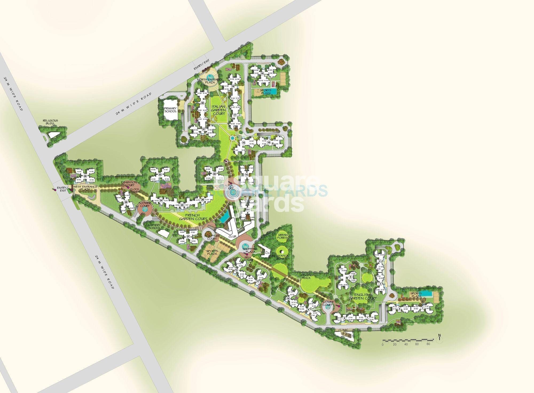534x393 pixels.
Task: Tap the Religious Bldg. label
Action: click(x=50, y=122)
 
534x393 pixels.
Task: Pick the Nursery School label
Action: click(x=154, y=227)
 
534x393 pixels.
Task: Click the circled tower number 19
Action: click(x=262, y=73)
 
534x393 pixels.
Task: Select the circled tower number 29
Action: click(x=85, y=176)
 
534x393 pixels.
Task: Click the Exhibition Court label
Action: click(x=129, y=183)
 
